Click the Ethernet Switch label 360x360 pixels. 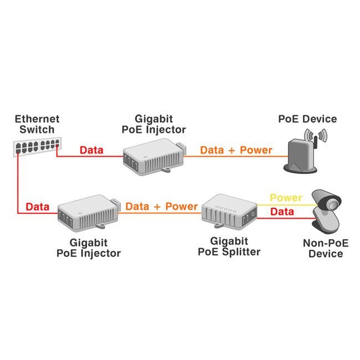pyautogui.click(x=37, y=124)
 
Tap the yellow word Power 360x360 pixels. pyautogui.click(x=285, y=198)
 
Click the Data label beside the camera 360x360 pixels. pyautogui.click(x=281, y=212)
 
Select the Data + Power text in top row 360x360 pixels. pyautogui.click(x=236, y=150)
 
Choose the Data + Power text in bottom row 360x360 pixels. pyautogui.click(x=161, y=207)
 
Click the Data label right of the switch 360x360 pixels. pyautogui.click(x=91, y=150)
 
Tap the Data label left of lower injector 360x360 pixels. pyautogui.click(x=37, y=207)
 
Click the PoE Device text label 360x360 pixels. pyautogui.click(x=307, y=119)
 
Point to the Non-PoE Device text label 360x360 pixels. pyautogui.click(x=322, y=248)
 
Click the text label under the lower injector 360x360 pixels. pyautogui.click(x=89, y=248)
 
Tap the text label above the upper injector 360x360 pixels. pyautogui.click(x=160, y=124)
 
